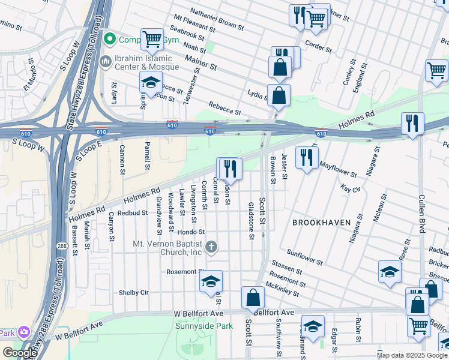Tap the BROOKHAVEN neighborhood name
[x=321, y=223]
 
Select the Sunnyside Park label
[x=203, y=326]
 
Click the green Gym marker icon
[x=110, y=40]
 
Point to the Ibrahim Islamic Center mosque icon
[x=106, y=61]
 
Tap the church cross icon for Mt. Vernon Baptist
[x=211, y=247]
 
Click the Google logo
[x=20, y=353]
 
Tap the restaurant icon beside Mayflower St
[x=307, y=158]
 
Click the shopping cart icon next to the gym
[x=152, y=40]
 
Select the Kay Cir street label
[x=349, y=188]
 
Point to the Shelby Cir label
[x=135, y=293]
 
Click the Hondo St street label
[x=191, y=232]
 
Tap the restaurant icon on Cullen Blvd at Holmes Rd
[x=412, y=123]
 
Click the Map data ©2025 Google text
[x=412, y=355]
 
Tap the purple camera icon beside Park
[x=24, y=332]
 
